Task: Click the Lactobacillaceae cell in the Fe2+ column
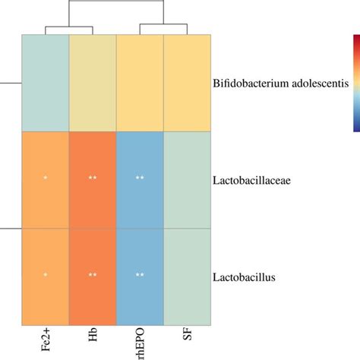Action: point(45,179)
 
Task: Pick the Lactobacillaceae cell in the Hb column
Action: point(93,179)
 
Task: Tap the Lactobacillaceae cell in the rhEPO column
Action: point(140,179)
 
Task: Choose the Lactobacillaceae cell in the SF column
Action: point(187,179)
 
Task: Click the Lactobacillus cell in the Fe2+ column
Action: point(45,276)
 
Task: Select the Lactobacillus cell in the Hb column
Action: point(93,276)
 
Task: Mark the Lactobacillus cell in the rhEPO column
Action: point(140,276)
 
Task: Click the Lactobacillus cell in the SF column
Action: point(187,276)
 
